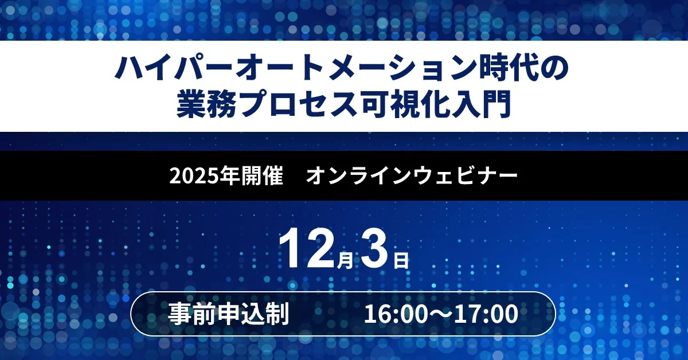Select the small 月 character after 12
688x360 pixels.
[x=344, y=261]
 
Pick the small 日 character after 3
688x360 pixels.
[x=401, y=261]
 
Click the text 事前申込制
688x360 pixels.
[x=228, y=314]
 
